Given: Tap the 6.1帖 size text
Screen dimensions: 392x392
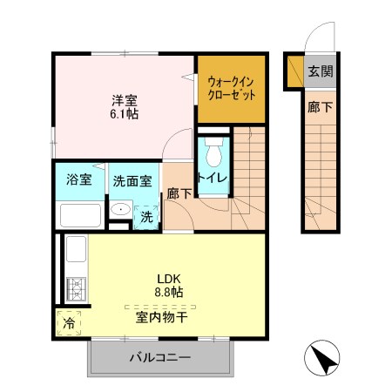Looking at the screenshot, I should (x=124, y=113).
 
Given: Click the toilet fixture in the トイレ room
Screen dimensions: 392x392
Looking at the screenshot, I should (x=213, y=157).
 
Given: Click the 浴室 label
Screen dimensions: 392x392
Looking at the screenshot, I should (x=79, y=180).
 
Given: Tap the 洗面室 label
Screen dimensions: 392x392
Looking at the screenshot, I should (x=132, y=181).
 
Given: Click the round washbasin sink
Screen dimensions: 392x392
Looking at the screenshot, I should (x=118, y=212).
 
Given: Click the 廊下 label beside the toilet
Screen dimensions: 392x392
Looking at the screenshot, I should (x=180, y=193).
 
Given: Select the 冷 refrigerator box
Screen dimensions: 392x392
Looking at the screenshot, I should (x=69, y=321).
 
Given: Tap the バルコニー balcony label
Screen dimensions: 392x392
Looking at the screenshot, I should (x=160, y=358).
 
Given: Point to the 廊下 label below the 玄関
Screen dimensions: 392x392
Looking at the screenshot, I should (x=319, y=109).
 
